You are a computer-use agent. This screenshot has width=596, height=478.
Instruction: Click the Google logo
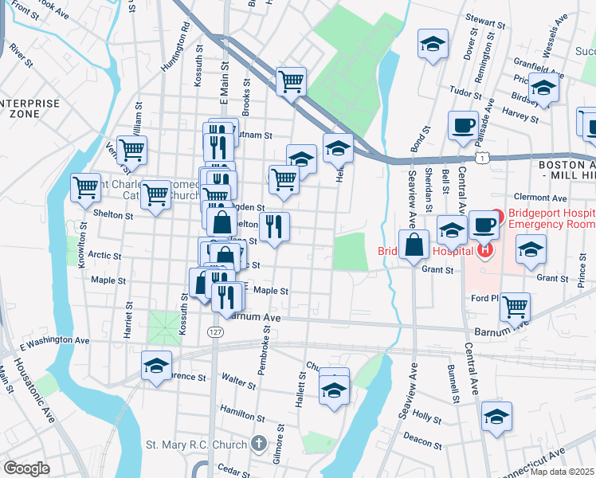point(26,468)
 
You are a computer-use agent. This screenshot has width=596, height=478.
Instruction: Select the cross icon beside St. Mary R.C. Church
point(257,443)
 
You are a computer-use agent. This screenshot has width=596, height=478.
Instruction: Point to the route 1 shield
point(482,159)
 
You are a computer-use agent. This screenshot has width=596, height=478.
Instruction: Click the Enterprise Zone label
point(29,109)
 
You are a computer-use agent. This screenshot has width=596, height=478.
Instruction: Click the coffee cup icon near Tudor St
point(462,124)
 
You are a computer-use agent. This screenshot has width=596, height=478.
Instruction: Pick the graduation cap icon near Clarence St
point(156,366)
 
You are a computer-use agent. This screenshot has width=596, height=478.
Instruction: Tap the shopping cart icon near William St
point(131,148)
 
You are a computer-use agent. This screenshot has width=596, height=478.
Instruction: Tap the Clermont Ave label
point(540,198)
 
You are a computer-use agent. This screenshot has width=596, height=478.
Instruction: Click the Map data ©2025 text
point(561,471)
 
